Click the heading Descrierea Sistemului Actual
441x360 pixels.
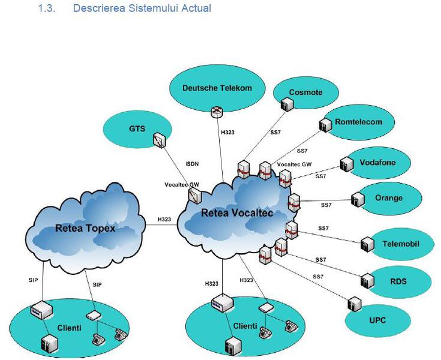coord(142,9)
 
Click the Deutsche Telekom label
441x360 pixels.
coord(217,88)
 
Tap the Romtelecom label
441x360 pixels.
coord(358,122)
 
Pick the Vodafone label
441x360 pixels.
coord(377,162)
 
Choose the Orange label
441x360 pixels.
coord(389,198)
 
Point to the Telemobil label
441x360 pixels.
coord(400,244)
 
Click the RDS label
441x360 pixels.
coord(398,280)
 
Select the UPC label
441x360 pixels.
coord(377,320)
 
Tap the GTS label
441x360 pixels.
coord(137,128)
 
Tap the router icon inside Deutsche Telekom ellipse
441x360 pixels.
coord(216,111)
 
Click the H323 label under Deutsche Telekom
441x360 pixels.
coord(228,132)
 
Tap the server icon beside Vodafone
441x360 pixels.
coord(344,164)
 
